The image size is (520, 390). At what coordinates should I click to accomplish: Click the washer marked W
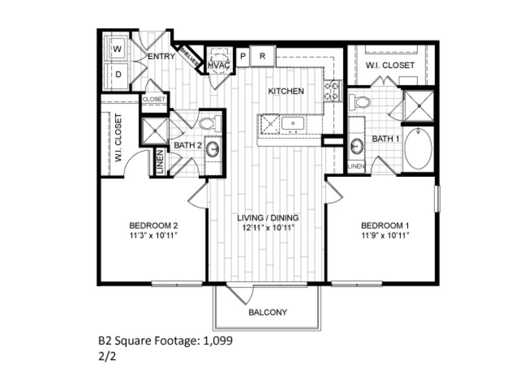click(x=116, y=48)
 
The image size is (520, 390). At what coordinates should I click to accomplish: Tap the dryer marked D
click(x=117, y=75)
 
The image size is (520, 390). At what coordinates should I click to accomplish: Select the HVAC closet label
click(x=219, y=66)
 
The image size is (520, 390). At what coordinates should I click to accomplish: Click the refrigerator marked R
click(x=263, y=57)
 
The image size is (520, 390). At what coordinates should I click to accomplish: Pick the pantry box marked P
click(x=242, y=57)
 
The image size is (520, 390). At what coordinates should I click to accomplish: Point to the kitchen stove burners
click(x=333, y=91)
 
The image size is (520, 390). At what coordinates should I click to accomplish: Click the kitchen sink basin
click(x=293, y=124)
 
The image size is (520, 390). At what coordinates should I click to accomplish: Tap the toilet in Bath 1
click(x=359, y=101)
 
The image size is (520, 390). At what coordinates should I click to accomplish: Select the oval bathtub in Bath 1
click(x=419, y=149)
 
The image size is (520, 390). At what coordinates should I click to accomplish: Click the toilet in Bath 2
click(x=211, y=123)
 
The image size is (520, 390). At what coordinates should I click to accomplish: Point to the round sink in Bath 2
click(x=213, y=149)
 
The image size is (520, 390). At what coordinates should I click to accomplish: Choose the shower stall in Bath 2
click(x=155, y=131)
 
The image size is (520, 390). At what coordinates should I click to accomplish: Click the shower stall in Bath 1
click(x=419, y=106)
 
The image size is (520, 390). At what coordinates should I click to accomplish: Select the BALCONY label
click(x=268, y=313)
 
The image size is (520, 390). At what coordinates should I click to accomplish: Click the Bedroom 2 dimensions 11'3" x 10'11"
click(x=153, y=236)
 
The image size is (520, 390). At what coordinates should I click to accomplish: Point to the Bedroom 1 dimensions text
click(x=385, y=236)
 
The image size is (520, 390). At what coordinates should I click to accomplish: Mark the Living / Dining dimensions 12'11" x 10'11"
click(x=268, y=228)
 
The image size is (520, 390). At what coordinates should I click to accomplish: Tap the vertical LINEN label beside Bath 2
click(x=160, y=162)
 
